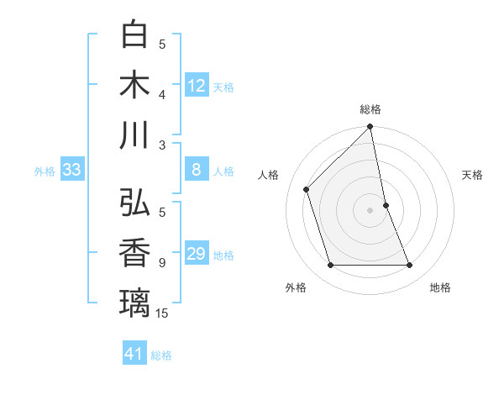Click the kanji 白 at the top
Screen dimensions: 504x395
pyautogui.click(x=135, y=34)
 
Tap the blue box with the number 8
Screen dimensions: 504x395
pyautogui.click(x=197, y=170)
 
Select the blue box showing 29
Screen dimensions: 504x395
pyautogui.click(x=197, y=254)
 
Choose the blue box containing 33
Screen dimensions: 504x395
pyautogui.click(x=72, y=170)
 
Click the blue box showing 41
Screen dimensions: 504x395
pyautogui.click(x=134, y=354)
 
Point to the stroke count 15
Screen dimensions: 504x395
pyautogui.click(x=162, y=313)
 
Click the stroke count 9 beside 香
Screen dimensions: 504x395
pyautogui.click(x=162, y=263)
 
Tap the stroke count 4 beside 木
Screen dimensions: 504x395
pyautogui.click(x=162, y=95)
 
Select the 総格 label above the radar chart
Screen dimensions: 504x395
pyautogui.click(x=370, y=109)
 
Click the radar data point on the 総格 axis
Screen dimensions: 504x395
pyautogui.click(x=370, y=128)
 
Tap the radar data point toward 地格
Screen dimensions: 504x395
pyautogui.click(x=410, y=266)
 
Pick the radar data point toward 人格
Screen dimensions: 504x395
pyautogui.click(x=307, y=189)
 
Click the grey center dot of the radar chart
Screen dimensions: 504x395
pyautogui.click(x=370, y=209)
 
